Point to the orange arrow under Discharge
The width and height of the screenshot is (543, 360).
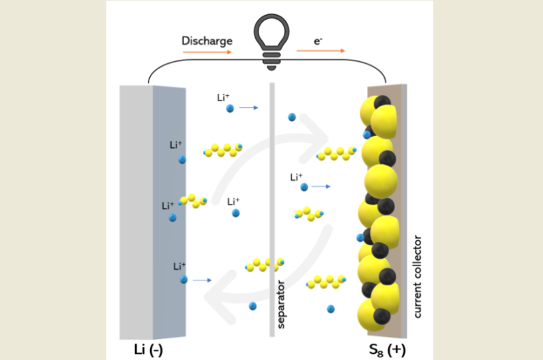tap(206, 51)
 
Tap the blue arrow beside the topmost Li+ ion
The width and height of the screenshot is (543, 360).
tap(248, 108)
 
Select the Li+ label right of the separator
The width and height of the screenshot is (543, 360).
tap(297, 177)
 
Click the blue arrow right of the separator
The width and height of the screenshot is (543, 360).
tap(320, 186)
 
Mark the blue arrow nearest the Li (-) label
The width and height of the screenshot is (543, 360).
tap(202, 280)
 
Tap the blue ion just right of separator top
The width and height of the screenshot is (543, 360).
tap(292, 117)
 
